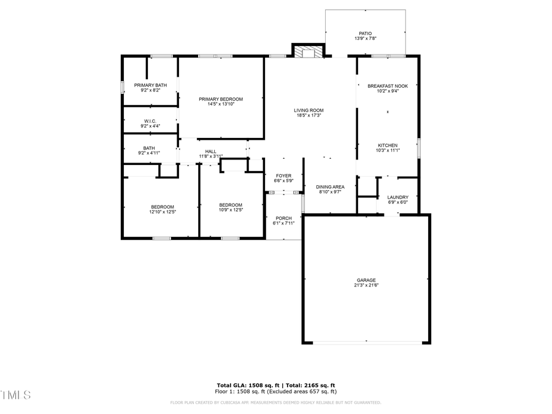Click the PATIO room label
[365, 34]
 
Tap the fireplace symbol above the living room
[307, 52]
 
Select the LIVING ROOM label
[308, 110]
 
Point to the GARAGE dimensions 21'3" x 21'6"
[366, 285]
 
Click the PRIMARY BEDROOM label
[221, 99]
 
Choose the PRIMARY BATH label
[150, 85]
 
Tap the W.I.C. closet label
[150, 121]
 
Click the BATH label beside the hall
[149, 148]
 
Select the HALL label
[210, 151]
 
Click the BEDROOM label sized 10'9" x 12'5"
[231, 205]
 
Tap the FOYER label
[283, 175]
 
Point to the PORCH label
[283, 218]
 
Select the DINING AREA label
[330, 186]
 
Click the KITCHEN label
[387, 145]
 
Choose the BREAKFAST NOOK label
[387, 86]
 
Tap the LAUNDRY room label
[397, 197]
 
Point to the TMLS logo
[15, 394]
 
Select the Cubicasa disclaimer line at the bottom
[275, 403]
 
